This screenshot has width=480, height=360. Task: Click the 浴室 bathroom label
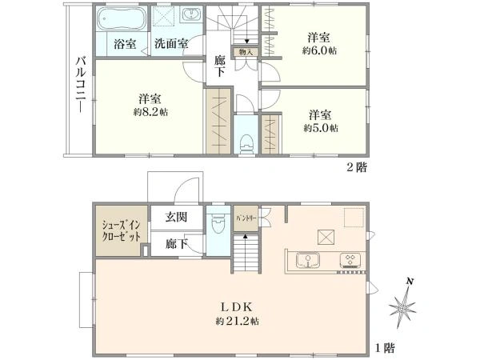124,43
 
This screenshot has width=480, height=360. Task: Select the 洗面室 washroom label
171,43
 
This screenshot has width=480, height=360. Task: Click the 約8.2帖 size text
151,112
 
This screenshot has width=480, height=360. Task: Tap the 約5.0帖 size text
321,127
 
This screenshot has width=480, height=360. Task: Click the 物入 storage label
246,53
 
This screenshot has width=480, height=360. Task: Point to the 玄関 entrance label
177,216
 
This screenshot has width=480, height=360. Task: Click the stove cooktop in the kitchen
350,260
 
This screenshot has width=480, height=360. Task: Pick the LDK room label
237,306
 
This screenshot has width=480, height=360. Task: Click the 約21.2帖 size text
237,322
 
